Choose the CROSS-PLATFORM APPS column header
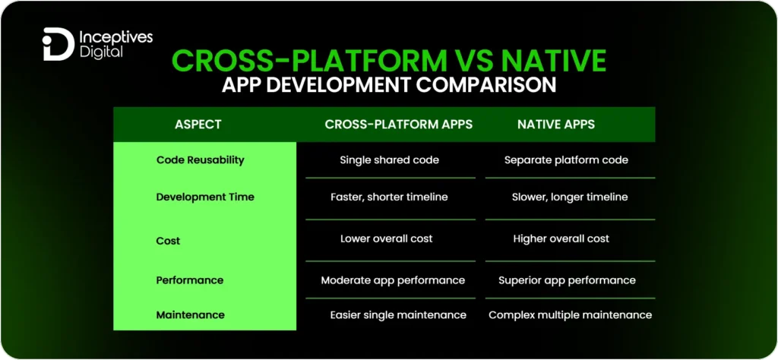(399, 125)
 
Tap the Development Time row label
(205, 197)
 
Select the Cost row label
(168, 241)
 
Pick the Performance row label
(189, 280)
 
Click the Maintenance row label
(190, 314)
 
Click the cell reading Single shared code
(389, 160)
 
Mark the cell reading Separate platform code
(566, 160)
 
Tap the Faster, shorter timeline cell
(389, 197)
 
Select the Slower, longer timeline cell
(570, 197)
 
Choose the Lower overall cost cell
(386, 238)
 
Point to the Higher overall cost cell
(561, 238)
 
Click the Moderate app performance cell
(392, 280)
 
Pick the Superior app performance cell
(567, 280)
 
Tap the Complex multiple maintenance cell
(570, 314)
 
